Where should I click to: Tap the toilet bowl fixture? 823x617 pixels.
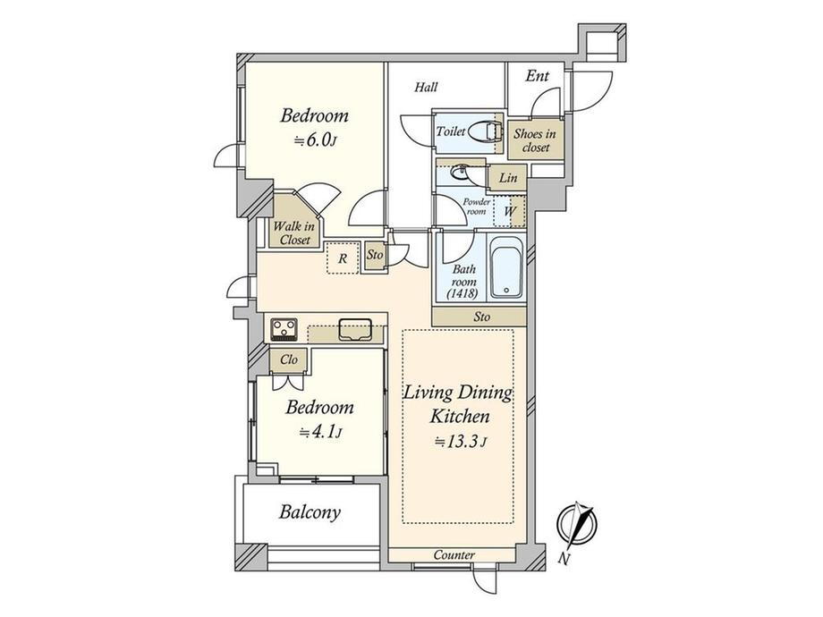(482, 131)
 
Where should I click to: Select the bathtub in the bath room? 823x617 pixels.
(506, 268)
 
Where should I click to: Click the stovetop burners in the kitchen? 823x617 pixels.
(284, 329)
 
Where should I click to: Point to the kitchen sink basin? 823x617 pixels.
(355, 329)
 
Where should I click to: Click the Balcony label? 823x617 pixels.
(310, 511)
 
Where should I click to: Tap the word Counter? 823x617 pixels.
(454, 554)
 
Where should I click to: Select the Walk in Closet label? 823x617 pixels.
(294, 233)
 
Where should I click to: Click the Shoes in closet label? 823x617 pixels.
(535, 140)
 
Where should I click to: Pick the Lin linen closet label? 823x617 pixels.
(508, 178)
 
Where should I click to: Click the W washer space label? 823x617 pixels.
(510, 211)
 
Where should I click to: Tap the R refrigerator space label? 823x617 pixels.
(343, 258)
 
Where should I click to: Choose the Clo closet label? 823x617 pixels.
(289, 359)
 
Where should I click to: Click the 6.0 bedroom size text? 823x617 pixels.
(314, 140)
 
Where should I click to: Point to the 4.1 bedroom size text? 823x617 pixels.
(320, 433)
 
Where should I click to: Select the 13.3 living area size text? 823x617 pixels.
(461, 442)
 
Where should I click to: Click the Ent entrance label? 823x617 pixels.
(537, 76)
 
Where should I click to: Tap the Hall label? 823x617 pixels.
(426, 87)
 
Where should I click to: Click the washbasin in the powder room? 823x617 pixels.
(461, 172)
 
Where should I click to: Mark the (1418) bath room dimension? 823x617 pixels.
(462, 294)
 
